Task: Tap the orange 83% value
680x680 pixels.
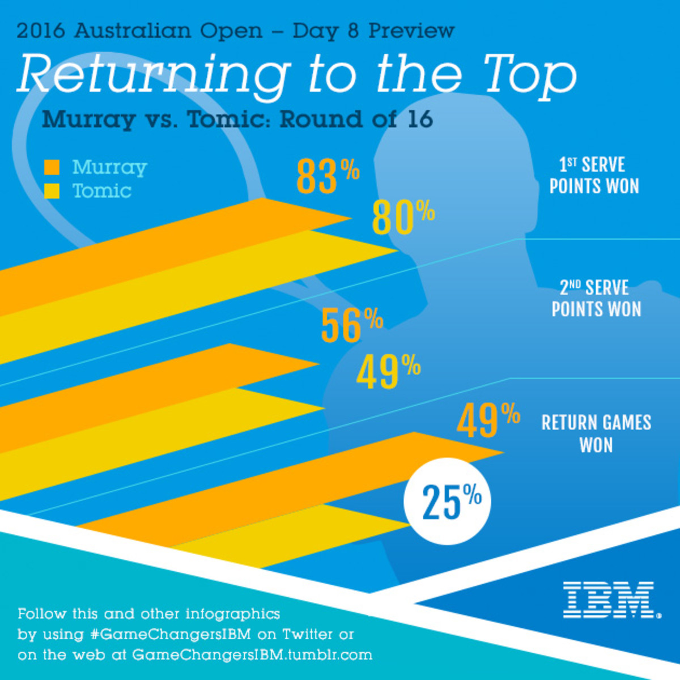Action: point(328,176)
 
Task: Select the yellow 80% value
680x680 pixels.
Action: point(403,218)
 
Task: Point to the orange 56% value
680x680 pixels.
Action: point(352,326)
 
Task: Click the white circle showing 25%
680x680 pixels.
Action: point(447,501)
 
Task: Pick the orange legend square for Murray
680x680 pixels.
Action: point(52,167)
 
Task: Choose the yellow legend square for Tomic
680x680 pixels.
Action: point(52,191)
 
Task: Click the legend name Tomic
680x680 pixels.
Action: point(102,191)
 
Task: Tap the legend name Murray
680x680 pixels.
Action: point(109,168)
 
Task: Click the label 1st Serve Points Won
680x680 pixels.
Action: point(594,176)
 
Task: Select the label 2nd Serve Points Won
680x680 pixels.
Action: point(596,299)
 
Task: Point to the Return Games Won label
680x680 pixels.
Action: point(596,434)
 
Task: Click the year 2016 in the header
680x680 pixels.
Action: point(42,31)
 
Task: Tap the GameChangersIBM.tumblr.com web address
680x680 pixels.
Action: point(252,655)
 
